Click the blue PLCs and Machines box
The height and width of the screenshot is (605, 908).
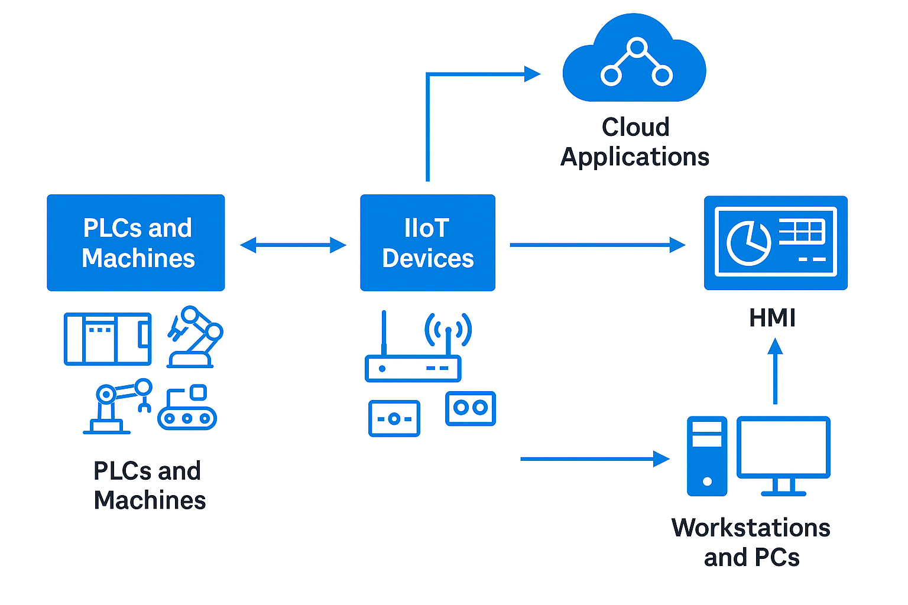point(136,243)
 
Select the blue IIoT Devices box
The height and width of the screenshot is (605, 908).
point(427,243)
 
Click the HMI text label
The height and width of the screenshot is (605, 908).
point(772,318)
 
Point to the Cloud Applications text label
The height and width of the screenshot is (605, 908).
point(635,142)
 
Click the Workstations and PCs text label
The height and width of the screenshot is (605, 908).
point(751,542)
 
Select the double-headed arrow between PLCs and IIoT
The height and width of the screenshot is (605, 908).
point(293,245)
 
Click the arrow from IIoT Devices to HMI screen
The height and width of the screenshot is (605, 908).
point(597,245)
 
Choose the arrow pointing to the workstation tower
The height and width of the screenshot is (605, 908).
point(594,458)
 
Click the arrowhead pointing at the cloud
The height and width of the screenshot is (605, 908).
point(532,74)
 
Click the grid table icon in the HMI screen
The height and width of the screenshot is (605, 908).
point(801,231)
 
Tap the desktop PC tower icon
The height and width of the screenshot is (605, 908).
point(707,456)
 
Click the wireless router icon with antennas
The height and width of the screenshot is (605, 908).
point(414,352)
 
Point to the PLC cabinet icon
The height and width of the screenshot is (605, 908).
point(108,339)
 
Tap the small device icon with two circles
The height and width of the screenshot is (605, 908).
point(471,408)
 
